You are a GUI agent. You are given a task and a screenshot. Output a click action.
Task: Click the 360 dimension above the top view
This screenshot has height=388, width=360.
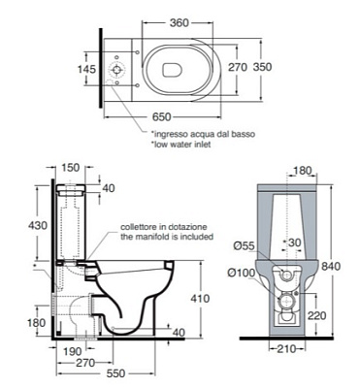179,22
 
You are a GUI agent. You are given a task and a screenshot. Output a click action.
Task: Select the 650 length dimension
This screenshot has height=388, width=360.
161,116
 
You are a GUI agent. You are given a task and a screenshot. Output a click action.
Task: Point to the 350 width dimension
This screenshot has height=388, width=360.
262,67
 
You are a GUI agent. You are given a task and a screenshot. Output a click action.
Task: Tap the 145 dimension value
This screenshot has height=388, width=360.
87,69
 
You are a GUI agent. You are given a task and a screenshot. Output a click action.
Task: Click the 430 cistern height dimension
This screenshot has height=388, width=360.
38,225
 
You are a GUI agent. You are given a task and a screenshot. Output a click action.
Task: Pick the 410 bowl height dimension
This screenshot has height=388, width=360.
200,298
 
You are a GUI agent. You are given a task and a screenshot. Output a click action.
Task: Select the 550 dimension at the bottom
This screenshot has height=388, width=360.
115,373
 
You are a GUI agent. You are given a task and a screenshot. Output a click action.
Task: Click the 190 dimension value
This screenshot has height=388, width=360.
71,351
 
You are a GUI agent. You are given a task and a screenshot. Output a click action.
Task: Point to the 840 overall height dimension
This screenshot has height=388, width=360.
331,266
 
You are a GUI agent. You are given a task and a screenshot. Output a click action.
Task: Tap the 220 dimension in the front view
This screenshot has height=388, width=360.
316,315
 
